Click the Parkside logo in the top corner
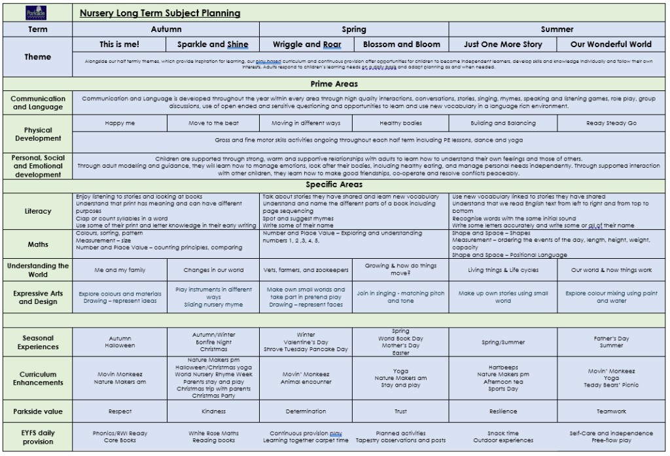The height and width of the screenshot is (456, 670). click(37, 12)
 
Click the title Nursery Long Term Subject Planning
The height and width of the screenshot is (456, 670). click(160, 13)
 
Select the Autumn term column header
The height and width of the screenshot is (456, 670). click(166, 29)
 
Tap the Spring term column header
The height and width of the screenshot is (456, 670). click(354, 29)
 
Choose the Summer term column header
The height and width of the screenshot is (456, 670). click(557, 29)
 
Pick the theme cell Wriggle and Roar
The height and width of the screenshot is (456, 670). click(307, 45)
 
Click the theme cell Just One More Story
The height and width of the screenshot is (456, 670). click(502, 45)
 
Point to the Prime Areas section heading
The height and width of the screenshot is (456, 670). click(334, 85)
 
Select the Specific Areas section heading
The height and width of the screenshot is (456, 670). click(334, 185)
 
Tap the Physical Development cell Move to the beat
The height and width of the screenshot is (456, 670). click(213, 123)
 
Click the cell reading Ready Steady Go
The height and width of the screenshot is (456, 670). click(611, 123)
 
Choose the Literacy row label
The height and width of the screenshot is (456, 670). click(38, 211)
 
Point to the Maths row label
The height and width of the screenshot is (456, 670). click(38, 244)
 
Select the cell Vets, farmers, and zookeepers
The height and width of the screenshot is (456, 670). click(306, 270)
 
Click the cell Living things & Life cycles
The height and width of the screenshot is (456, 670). click(502, 270)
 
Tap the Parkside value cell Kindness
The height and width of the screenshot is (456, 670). click(213, 411)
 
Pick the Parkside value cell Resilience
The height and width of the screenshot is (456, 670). click(502, 411)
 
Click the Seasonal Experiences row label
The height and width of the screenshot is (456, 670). click(38, 342)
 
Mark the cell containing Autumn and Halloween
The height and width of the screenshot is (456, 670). click(120, 342)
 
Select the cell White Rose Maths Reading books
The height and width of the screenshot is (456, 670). click(213, 437)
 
